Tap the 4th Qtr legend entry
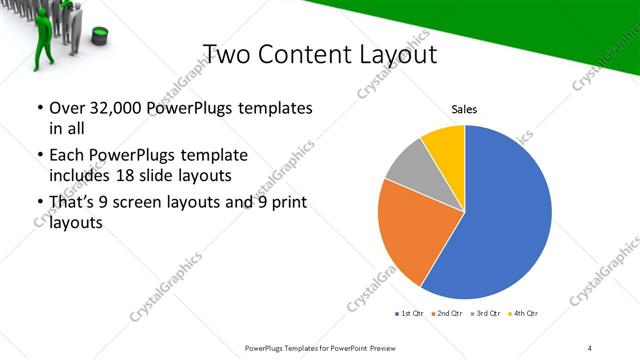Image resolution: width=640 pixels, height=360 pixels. pyautogui.click(x=524, y=314)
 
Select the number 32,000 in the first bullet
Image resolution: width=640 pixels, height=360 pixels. pyautogui.click(x=113, y=107)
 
